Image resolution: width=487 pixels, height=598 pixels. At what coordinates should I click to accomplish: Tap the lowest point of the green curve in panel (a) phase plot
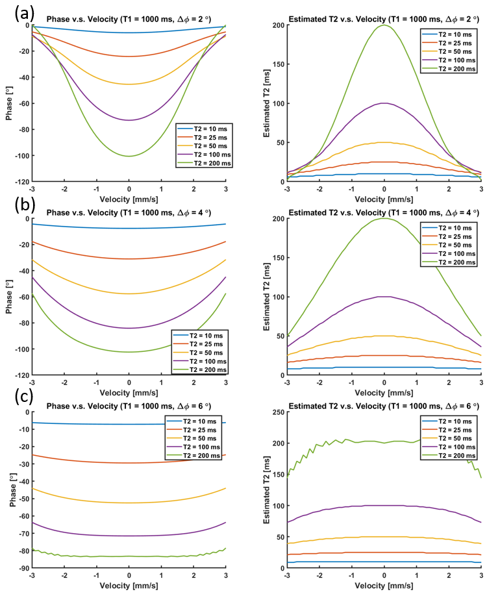click(129, 156)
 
